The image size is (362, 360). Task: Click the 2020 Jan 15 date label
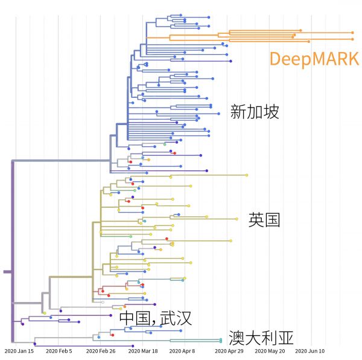pos(19,351)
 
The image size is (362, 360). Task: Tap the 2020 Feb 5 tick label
pos(59,351)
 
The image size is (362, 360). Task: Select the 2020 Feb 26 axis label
pos(101,351)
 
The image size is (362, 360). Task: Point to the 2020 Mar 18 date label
pos(143,351)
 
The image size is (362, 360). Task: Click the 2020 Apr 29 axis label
pos(229,351)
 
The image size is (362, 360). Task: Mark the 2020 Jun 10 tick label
pos(311,351)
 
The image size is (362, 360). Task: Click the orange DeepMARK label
pos(314,59)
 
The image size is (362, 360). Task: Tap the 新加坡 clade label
pos(255,111)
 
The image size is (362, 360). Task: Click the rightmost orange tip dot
pos(353,32)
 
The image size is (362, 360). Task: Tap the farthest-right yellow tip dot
pos(247,175)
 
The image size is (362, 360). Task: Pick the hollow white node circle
pos(103,301)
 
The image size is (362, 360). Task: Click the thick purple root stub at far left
pos(7,272)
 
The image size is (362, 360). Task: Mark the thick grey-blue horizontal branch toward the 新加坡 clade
pos(60,161)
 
